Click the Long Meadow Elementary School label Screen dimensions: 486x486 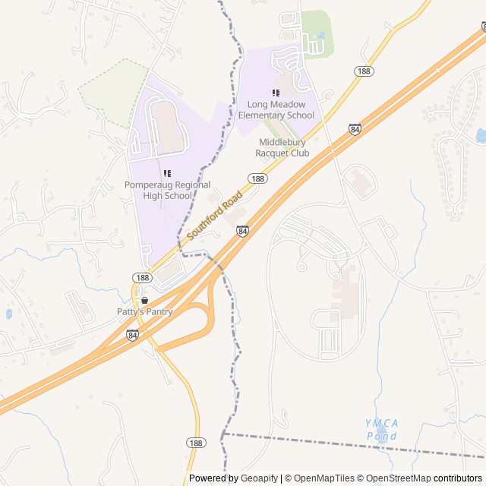[x=276, y=109]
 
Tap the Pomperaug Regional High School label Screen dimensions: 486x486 [x=158, y=190]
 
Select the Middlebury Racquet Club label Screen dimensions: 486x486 [x=284, y=147]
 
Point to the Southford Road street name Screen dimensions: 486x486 [x=215, y=215]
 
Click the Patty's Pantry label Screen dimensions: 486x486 [x=144, y=311]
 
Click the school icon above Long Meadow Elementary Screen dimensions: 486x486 [x=276, y=93]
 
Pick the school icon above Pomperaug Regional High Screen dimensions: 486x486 [x=167, y=173]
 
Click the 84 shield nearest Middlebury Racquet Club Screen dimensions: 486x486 [x=355, y=130]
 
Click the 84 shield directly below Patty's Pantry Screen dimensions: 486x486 [x=133, y=335]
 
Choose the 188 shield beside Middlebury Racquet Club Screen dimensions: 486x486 [x=257, y=178]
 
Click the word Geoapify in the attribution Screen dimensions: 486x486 [x=258, y=478]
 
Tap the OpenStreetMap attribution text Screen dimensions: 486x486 [x=395, y=478]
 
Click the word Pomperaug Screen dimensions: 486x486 [x=152, y=185]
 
